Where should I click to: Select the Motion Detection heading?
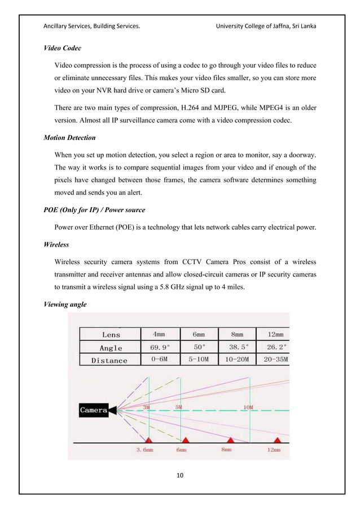69,137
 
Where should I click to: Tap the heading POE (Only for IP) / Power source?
94,210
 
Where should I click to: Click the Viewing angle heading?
65,305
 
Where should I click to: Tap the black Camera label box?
93,410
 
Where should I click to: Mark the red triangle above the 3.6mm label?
148,440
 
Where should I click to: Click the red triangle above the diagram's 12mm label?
276,440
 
